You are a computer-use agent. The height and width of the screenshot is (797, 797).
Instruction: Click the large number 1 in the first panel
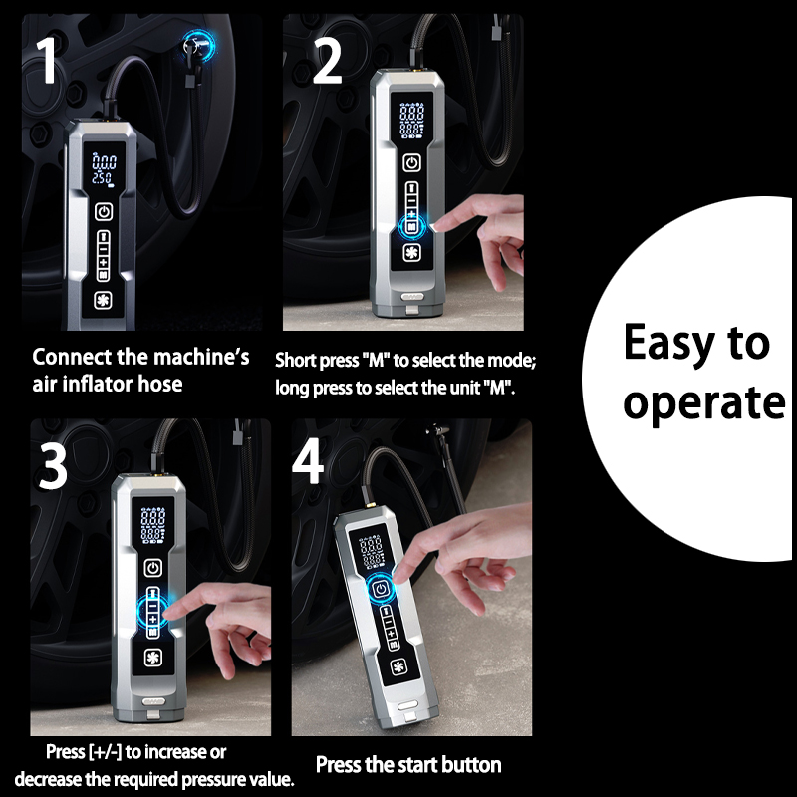click(x=46, y=61)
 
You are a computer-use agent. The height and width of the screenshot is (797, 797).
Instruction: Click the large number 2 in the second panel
click(x=327, y=62)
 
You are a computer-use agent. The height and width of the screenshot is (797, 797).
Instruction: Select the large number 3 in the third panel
click(x=53, y=467)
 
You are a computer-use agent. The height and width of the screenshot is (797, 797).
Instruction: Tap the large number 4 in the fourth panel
click(x=308, y=461)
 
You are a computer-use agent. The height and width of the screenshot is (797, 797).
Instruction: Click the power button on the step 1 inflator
click(x=104, y=212)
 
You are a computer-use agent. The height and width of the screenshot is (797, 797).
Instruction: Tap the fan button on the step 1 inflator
click(x=103, y=301)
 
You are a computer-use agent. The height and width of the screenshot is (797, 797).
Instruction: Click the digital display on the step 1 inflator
click(x=104, y=169)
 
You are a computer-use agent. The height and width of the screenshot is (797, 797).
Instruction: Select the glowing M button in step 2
click(x=412, y=226)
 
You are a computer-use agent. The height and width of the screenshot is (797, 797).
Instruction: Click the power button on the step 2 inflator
click(x=411, y=163)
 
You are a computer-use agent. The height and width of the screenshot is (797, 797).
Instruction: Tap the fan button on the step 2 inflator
click(x=411, y=253)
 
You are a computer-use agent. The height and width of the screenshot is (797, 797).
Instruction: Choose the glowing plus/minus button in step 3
click(x=153, y=612)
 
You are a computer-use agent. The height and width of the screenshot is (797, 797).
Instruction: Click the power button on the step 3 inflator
click(x=153, y=568)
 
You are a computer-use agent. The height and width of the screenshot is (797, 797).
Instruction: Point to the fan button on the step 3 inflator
click(x=152, y=658)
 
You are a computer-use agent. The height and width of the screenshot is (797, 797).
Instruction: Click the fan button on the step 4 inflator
click(x=399, y=666)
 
